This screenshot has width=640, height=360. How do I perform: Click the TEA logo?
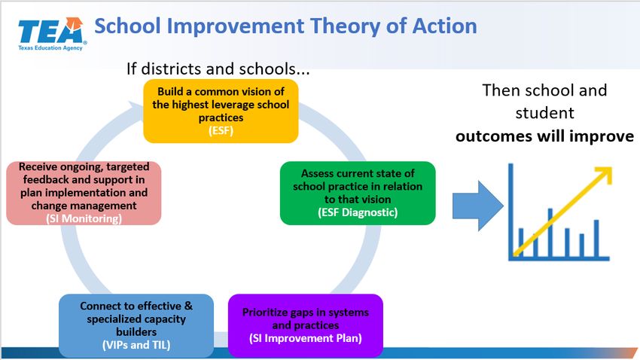[x=52, y=34]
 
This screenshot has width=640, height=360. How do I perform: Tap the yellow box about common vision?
[x=221, y=111]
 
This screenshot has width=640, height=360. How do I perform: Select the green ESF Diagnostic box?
[x=358, y=193]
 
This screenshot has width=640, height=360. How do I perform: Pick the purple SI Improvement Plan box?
[x=305, y=325]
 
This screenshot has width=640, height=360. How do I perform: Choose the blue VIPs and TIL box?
[x=136, y=325]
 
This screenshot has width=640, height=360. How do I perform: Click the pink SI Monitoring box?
[x=84, y=193]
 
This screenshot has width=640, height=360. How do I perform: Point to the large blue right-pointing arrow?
[x=478, y=206]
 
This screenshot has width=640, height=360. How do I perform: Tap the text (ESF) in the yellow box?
[x=221, y=130]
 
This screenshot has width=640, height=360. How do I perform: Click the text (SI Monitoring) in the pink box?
[x=84, y=218]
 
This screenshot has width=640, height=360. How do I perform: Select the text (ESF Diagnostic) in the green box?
[x=358, y=212]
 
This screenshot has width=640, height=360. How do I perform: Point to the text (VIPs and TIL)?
[x=136, y=345]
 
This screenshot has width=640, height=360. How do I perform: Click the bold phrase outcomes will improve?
[x=544, y=136]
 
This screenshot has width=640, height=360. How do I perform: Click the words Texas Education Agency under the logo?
[x=50, y=47]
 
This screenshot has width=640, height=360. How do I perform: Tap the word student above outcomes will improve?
[x=544, y=113]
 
